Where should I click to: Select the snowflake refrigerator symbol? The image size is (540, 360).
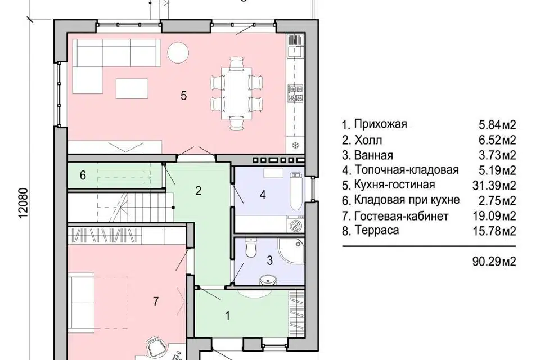pyautogui.click(x=295, y=145)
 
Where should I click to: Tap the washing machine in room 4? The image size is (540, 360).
pyautogui.click(x=292, y=223)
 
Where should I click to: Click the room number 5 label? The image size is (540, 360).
pyautogui.click(x=184, y=95)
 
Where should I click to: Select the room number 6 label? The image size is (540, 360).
pyautogui.click(x=83, y=175)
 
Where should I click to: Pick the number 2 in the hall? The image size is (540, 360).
pyautogui.click(x=198, y=191)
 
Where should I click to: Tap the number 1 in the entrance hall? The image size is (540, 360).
pyautogui.click(x=227, y=316)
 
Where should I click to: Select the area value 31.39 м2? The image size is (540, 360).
pyautogui.click(x=497, y=185)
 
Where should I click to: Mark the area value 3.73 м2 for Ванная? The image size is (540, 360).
pyautogui.click(x=497, y=155)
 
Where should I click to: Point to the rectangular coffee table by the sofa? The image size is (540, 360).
pyautogui.click(x=132, y=88)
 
